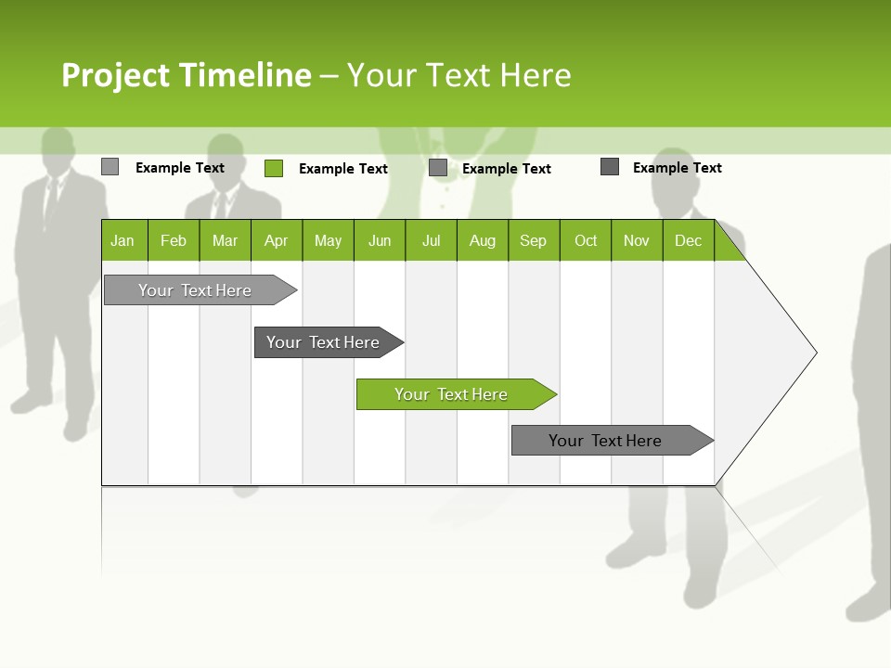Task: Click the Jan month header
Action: coord(123,240)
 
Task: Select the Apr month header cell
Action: coord(277,240)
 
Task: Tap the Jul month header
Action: coord(431,240)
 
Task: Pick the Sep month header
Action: coord(534,240)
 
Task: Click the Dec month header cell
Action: coord(688,240)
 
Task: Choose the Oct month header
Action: coord(586,240)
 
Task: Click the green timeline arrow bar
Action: coord(455,394)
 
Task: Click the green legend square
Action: coord(274,168)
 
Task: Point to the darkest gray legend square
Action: coord(610,167)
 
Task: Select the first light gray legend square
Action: coord(110,167)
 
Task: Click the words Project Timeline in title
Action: coord(186,75)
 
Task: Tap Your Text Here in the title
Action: coord(458,75)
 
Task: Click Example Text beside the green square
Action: coord(342,169)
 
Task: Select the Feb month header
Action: coord(174,240)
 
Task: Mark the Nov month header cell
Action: coord(637,240)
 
